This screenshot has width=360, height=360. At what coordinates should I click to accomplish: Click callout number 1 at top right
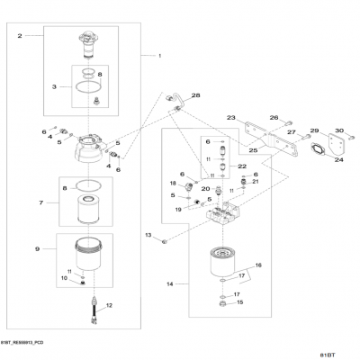coord(160,57)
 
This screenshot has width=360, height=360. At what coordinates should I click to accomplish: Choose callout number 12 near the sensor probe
coord(109,307)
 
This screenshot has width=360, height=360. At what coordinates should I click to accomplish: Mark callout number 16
coord(257,266)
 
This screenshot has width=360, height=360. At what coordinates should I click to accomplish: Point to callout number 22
coord(242,166)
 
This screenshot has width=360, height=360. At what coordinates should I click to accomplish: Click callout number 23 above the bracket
coord(231,118)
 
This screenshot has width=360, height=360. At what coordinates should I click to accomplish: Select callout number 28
coord(196,94)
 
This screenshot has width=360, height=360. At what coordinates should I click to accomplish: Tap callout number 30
coord(339,131)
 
